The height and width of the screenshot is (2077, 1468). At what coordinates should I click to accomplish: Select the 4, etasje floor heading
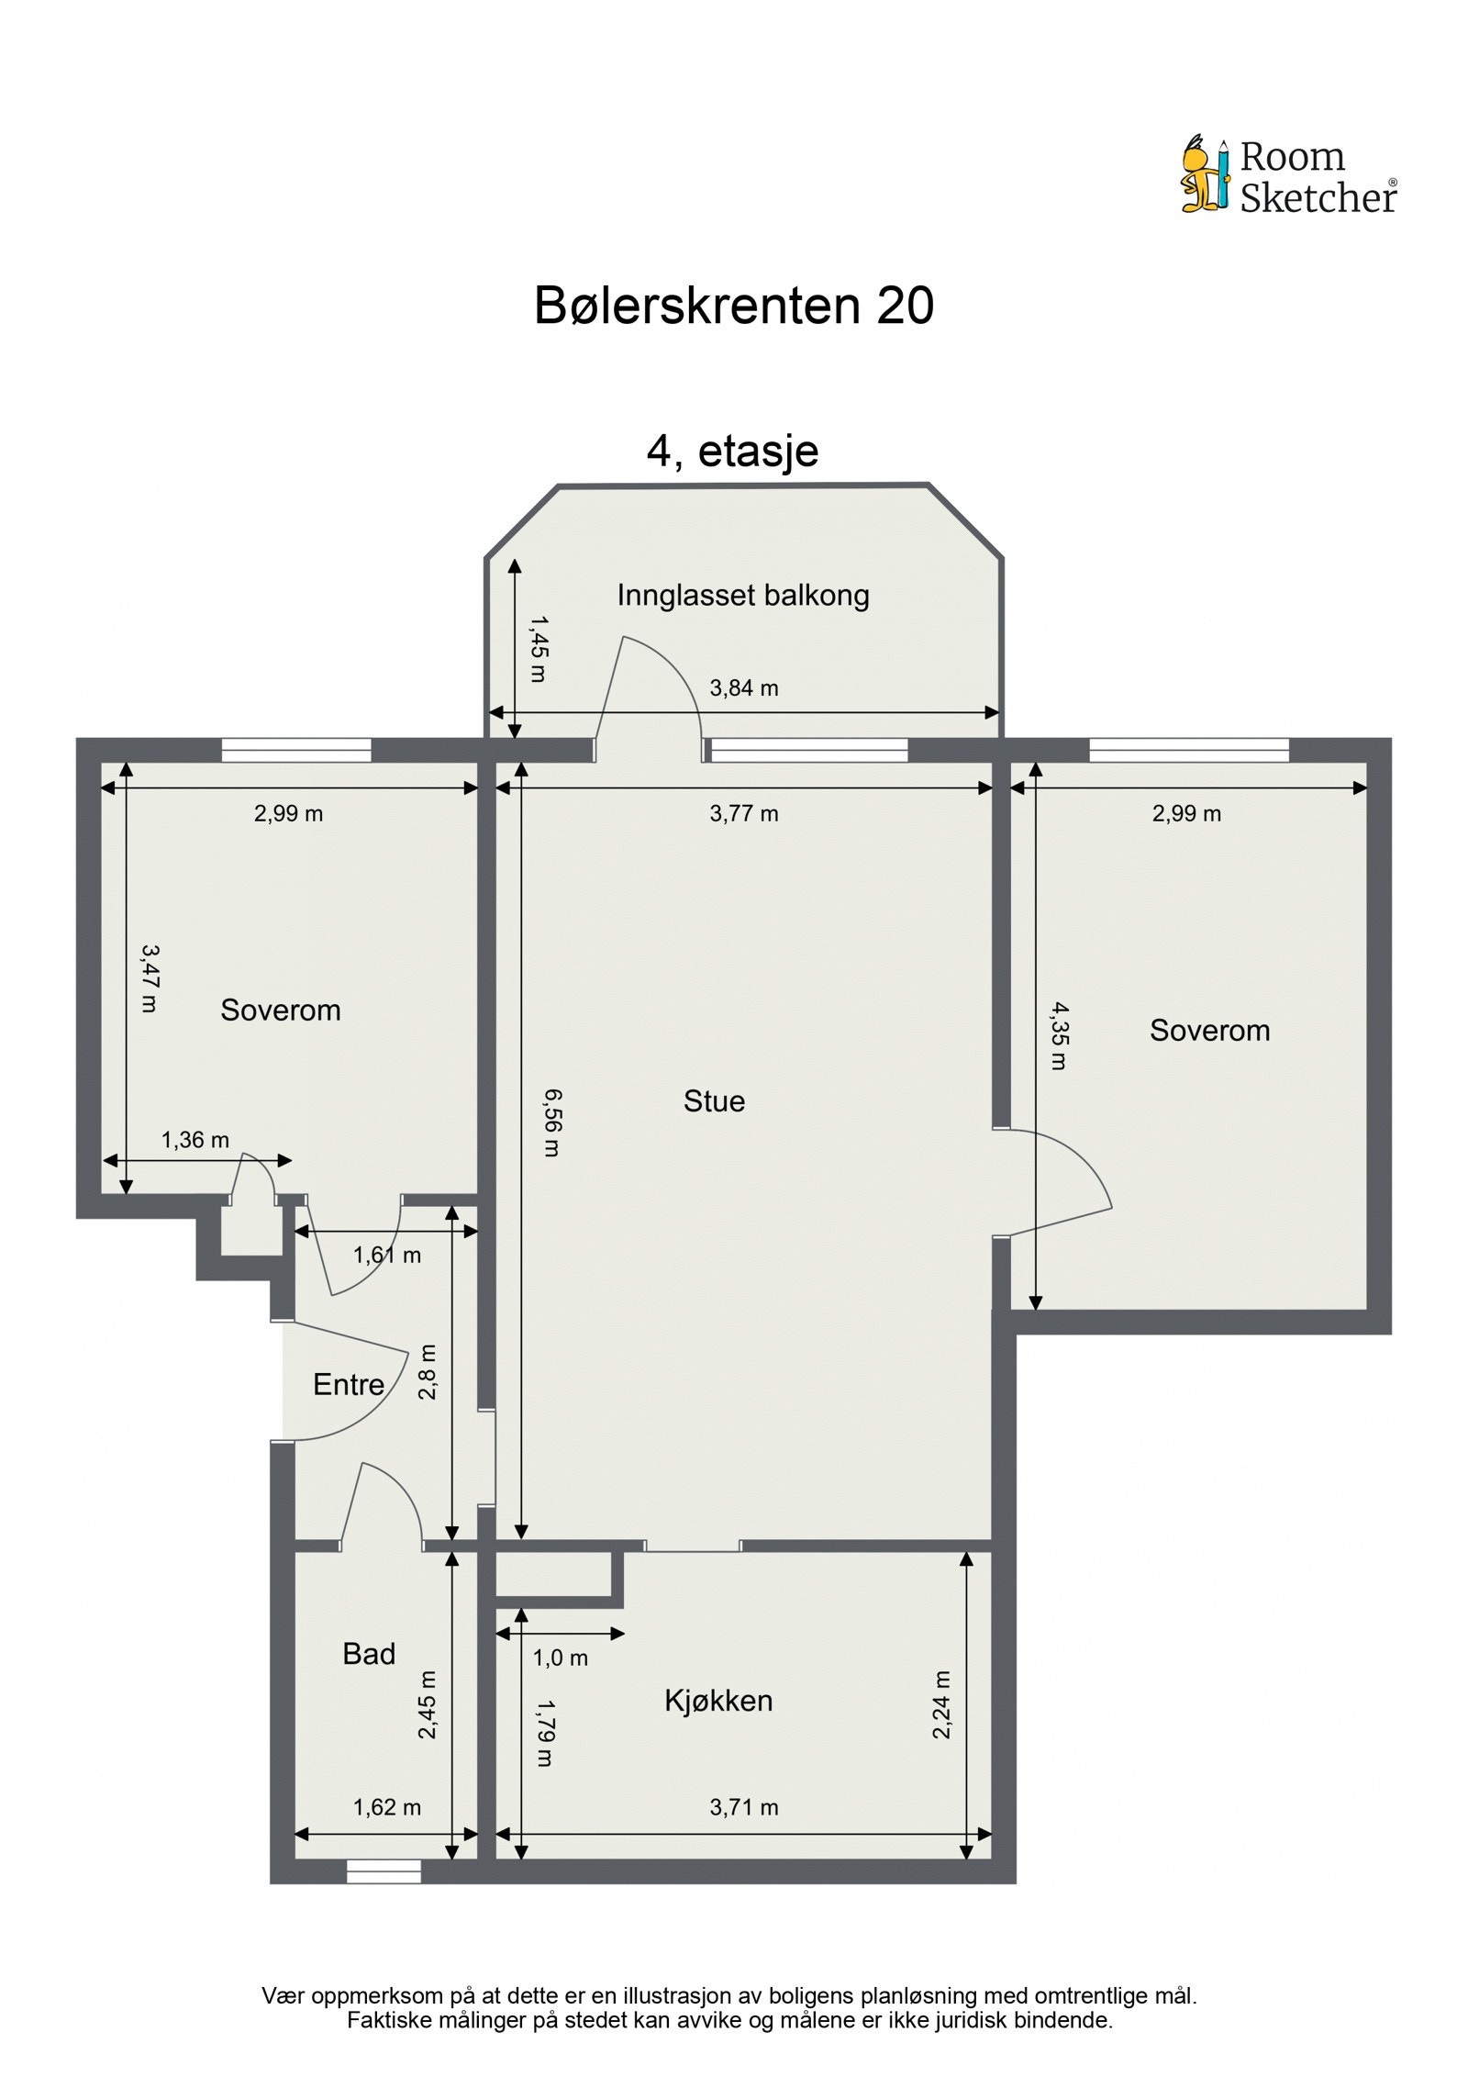pyautogui.click(x=732, y=451)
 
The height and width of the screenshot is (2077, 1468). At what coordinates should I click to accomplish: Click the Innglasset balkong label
pyautogui.click(x=742, y=595)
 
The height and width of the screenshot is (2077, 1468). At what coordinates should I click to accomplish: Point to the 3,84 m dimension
pyautogui.click(x=743, y=687)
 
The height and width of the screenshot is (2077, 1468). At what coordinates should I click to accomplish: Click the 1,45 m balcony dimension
pyautogui.click(x=538, y=648)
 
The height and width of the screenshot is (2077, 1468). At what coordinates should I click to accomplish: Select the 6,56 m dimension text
pyautogui.click(x=551, y=1122)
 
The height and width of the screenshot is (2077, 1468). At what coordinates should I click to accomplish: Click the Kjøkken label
pyautogui.click(x=718, y=1700)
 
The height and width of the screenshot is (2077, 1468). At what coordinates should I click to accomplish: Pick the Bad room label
pyautogui.click(x=368, y=1653)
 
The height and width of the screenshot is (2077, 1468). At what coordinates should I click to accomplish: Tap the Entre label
pyautogui.click(x=348, y=1383)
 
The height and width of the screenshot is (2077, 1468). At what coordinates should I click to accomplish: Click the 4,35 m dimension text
pyautogui.click(x=1059, y=1035)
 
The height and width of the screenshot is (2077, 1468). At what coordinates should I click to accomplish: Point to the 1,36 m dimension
pyautogui.click(x=195, y=1139)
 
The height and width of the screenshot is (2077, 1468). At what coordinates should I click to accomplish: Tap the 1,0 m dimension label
pyautogui.click(x=560, y=1658)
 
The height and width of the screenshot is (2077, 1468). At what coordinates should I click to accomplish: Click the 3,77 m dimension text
pyautogui.click(x=743, y=812)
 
